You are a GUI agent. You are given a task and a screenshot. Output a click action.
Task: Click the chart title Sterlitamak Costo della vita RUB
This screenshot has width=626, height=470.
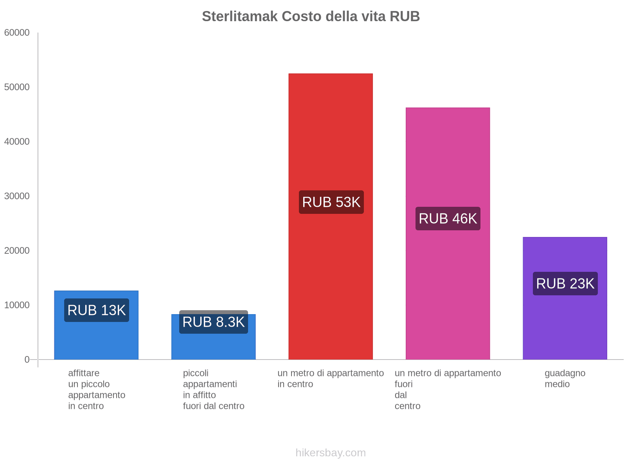(x=311, y=16)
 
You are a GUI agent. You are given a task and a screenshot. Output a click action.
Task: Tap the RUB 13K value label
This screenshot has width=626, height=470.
(x=96, y=310)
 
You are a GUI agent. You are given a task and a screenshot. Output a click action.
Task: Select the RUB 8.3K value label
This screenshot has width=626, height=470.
(x=213, y=322)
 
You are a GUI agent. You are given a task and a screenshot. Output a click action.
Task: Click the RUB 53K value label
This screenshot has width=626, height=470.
(x=331, y=202)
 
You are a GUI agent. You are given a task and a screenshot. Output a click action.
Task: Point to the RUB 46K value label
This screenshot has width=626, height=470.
(x=448, y=219)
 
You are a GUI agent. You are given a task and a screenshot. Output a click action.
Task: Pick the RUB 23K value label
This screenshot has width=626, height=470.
(x=565, y=284)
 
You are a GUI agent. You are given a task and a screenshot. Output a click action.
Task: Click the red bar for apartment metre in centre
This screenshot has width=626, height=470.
(x=331, y=137)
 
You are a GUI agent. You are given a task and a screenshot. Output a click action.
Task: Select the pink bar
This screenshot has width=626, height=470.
(x=448, y=157)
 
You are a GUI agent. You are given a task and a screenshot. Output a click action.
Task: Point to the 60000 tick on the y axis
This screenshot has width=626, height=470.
(x=17, y=33)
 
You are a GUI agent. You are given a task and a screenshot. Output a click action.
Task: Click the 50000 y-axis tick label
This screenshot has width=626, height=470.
(x=17, y=87)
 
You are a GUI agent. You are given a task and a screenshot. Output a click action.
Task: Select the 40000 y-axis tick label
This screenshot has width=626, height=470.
(x=17, y=142)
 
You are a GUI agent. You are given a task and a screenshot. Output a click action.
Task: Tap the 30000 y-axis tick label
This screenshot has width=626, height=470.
(x=17, y=196)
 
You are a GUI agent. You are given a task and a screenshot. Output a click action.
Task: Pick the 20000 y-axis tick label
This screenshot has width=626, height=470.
(x=17, y=251)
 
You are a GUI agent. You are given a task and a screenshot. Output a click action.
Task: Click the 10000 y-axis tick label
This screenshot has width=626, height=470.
(x=17, y=305)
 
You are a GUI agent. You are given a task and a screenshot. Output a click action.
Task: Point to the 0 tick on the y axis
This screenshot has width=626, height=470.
(x=27, y=360)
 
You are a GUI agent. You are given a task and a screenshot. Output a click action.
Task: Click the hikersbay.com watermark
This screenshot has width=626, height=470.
(x=331, y=453)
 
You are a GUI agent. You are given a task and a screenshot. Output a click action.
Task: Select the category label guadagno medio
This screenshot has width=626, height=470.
(x=565, y=378)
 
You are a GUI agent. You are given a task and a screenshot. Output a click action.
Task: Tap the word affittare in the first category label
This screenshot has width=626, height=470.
(x=84, y=373)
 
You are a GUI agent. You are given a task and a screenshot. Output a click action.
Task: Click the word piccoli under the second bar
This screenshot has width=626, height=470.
(x=196, y=373)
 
